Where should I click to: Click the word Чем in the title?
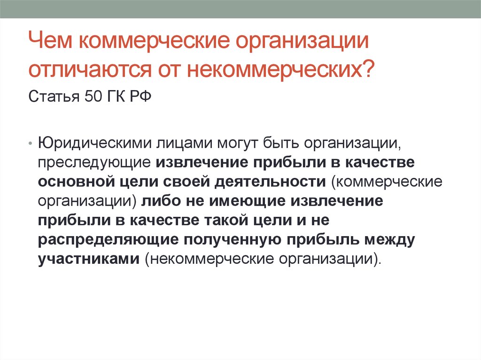(x=50, y=40)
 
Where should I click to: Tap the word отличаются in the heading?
(x=90, y=69)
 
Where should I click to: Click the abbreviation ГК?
(x=116, y=97)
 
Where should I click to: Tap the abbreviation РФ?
(x=140, y=97)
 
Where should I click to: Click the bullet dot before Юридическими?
(x=30, y=144)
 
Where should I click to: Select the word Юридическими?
(x=95, y=144)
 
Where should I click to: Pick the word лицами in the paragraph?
(x=184, y=144)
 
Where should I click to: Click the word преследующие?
(x=94, y=163)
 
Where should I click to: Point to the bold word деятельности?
(x=270, y=182)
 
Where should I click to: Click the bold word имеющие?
(x=247, y=201)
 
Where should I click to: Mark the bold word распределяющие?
(x=108, y=240)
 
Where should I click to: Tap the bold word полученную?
(x=232, y=240)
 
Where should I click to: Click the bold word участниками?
(x=89, y=259)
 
